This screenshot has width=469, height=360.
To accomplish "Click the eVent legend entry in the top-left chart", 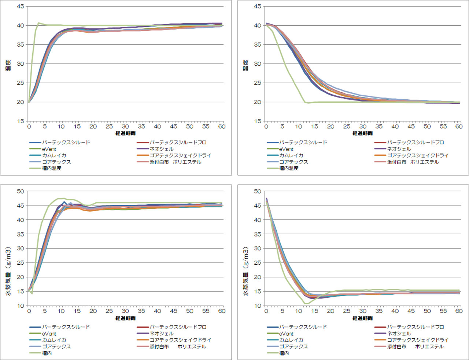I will [x=49, y=149].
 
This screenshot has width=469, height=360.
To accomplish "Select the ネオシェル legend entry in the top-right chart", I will [x=399, y=149].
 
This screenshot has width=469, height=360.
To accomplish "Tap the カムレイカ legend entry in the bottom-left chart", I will [x=54, y=340].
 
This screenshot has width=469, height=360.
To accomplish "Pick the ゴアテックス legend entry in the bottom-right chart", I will [x=293, y=346].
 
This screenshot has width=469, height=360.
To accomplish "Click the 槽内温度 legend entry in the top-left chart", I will [x=52, y=168].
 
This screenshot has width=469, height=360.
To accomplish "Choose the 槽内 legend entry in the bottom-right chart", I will [x=284, y=353].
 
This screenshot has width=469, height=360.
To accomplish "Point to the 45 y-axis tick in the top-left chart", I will [x=21, y=6].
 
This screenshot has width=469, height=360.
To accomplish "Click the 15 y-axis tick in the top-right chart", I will [x=258, y=121].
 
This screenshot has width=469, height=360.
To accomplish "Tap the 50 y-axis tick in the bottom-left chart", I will [x=21, y=191].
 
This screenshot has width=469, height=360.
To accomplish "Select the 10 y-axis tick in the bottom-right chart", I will [x=258, y=306].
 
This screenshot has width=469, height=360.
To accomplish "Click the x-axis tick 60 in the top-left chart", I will [x=222, y=126].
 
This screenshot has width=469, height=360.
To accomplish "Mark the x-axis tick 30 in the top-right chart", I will [x=363, y=126].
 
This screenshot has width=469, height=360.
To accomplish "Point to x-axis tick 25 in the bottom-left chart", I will [x=109, y=311].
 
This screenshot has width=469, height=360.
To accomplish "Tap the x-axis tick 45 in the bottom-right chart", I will [x=411, y=311].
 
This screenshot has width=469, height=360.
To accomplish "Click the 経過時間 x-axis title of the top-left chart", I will [x=125, y=133].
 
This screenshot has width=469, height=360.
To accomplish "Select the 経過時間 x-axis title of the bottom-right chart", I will [x=362, y=318].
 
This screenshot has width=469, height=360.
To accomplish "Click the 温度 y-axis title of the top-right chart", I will [x=245, y=65].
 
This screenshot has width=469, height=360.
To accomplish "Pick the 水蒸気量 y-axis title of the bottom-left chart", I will [x=8, y=271].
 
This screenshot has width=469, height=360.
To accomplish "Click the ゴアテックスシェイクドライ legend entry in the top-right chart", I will [x=418, y=155].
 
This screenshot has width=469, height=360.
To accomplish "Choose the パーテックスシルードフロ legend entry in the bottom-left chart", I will [x=178, y=327].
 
